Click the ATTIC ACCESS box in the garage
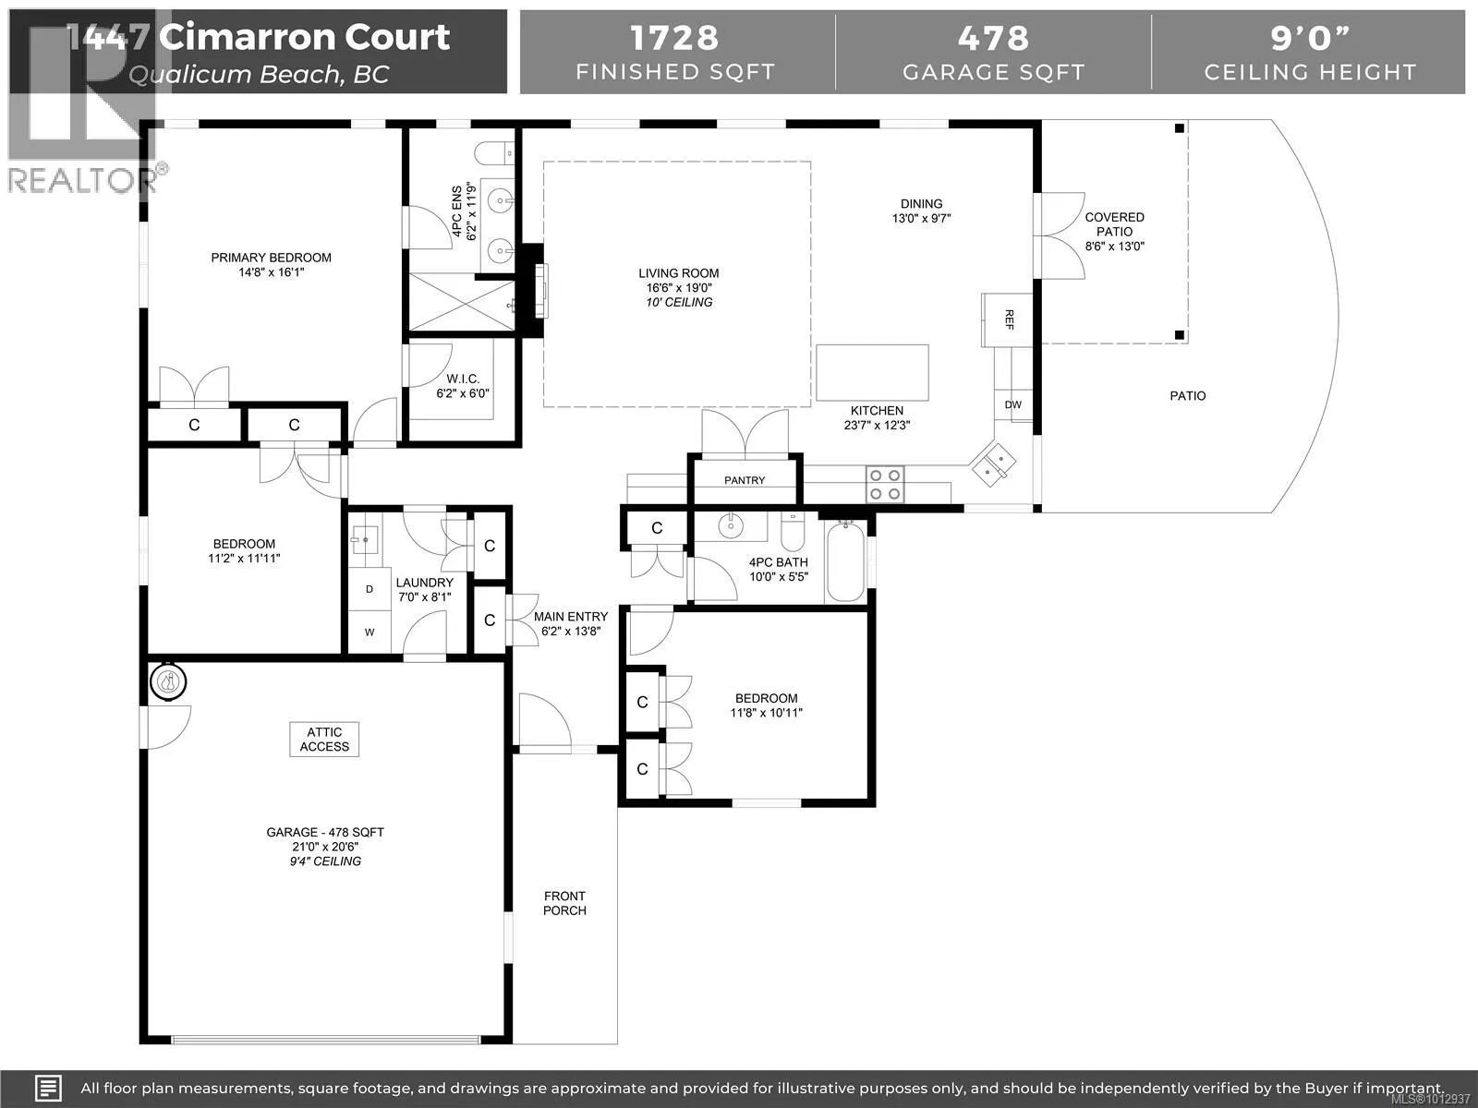tap(324, 740)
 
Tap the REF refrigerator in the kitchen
tap(1007, 319)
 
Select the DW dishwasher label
tap(1012, 405)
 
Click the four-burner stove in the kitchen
tap(885, 485)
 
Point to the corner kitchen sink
tap(992, 464)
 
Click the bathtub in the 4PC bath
tap(845, 561)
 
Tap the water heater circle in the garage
tap(168, 682)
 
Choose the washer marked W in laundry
tap(369, 632)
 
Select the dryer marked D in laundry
tap(369, 589)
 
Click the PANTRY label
tap(745, 480)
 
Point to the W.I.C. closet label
tap(463, 379)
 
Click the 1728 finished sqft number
tap(674, 38)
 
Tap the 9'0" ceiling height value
tap(1310, 38)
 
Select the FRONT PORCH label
tap(564, 903)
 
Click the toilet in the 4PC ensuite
tap(494, 153)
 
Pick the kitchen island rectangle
tap(872, 373)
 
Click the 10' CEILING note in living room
tap(679, 303)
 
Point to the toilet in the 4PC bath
tap(793, 532)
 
